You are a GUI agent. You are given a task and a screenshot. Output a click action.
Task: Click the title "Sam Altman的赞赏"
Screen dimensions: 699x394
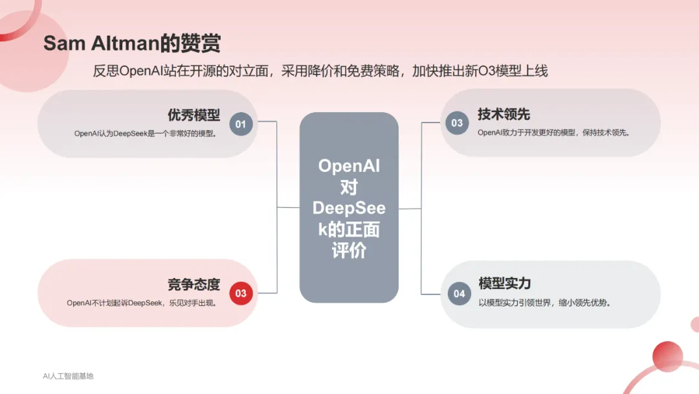coord(132,43)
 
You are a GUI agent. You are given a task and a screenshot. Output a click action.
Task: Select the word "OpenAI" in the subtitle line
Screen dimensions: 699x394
coord(141,71)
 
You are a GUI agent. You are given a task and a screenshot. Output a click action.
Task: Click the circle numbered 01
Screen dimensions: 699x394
coord(241,124)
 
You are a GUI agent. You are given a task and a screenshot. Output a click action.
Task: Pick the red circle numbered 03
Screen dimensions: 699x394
coord(241,293)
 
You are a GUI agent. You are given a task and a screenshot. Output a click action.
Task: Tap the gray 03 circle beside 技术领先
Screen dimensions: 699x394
coord(457,122)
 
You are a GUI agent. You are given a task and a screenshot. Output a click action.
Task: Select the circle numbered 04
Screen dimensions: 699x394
coord(459,294)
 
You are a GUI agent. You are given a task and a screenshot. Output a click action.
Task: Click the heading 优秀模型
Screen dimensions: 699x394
coord(194,115)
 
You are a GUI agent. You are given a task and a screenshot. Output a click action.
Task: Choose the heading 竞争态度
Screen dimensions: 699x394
coord(194,284)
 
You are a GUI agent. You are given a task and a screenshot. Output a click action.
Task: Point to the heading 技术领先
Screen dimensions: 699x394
coord(504,114)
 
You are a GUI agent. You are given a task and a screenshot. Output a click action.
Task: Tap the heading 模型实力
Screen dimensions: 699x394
coord(505,283)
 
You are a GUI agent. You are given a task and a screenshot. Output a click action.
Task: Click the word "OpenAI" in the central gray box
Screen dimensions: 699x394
coord(349,166)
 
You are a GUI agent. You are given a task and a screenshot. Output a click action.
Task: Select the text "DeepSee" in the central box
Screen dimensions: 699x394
coord(349,208)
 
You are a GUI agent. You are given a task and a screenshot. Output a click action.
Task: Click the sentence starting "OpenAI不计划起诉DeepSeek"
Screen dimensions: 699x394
coord(142,303)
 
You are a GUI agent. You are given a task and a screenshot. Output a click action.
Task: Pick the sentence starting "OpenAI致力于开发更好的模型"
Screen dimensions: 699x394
coord(553,133)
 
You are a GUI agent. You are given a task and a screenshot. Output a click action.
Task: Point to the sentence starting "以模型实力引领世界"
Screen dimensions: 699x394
coord(544,303)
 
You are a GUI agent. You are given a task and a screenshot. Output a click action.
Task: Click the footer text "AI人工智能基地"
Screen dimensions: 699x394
coord(68,376)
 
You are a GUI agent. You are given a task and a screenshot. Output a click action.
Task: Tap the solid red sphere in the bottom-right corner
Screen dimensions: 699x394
coord(667,356)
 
